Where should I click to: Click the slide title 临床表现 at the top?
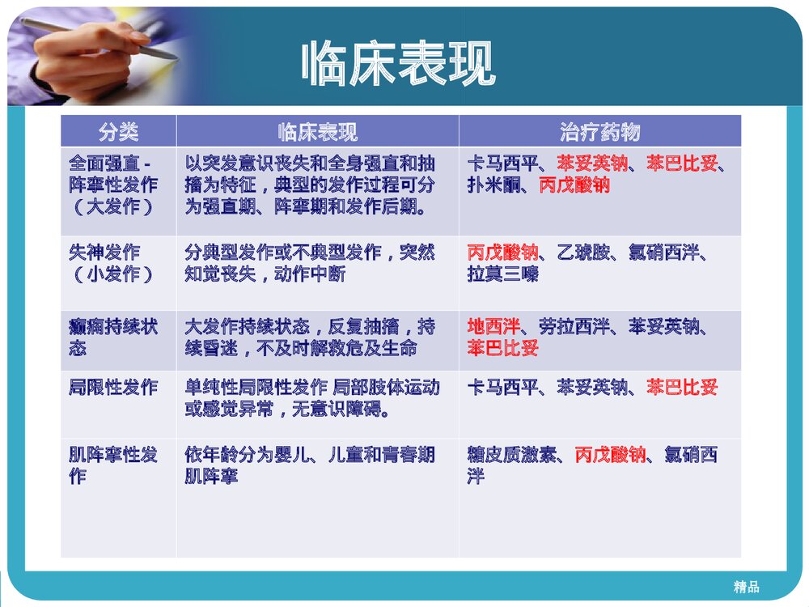[397, 65]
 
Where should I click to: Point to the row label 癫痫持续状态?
[112, 337]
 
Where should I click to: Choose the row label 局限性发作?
[112, 387]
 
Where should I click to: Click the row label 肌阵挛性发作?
[112, 465]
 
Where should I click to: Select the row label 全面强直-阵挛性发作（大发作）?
[112, 185]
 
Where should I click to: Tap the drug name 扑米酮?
[493, 185]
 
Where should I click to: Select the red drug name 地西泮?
[493, 326]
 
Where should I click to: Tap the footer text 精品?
[747, 587]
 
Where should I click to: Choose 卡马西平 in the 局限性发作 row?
[502, 387]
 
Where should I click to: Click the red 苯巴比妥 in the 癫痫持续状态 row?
[502, 348]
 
